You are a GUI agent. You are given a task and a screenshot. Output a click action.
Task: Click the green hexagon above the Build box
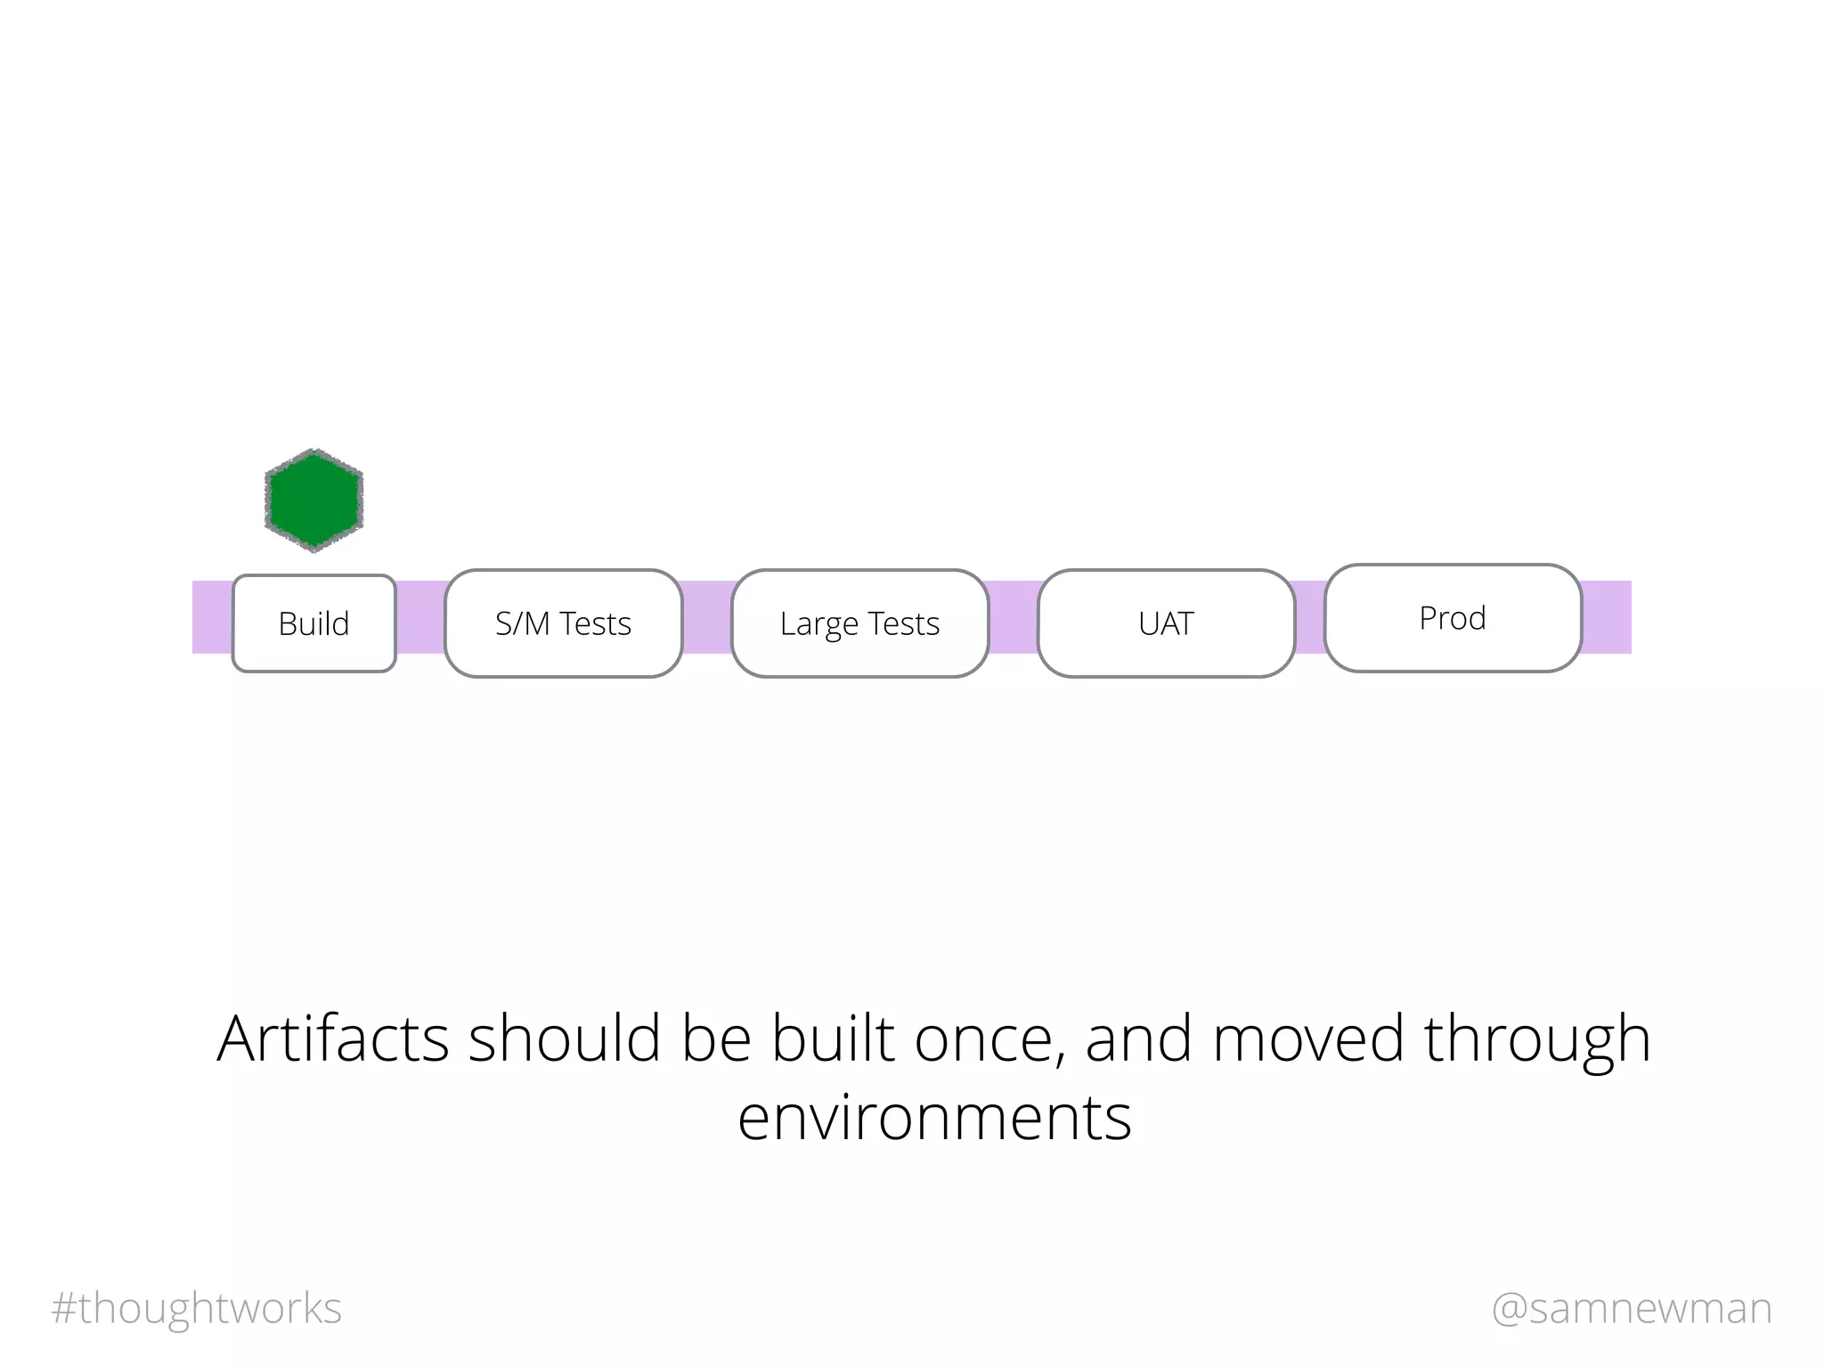[x=313, y=500]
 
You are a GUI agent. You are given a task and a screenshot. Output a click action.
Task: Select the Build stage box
[x=313, y=623]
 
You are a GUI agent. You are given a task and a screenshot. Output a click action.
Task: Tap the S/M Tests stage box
[x=563, y=623]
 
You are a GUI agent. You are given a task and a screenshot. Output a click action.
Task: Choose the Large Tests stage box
[x=859, y=623]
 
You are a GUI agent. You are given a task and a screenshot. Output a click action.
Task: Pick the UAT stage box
[x=1165, y=623]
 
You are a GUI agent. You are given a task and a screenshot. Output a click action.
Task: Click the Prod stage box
[x=1452, y=618]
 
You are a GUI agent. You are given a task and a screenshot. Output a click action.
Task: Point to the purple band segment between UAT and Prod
[x=1309, y=617]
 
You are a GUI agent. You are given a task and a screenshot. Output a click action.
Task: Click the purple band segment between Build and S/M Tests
[x=420, y=617]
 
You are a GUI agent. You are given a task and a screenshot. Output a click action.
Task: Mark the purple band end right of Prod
[x=1607, y=617]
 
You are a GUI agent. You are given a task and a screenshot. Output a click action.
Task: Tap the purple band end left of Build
[x=212, y=617]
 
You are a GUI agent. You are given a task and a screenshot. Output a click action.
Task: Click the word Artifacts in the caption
[x=332, y=1038]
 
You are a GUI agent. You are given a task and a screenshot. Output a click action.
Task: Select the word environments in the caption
[x=934, y=1117]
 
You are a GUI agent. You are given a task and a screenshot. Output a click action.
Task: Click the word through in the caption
[x=1537, y=1038]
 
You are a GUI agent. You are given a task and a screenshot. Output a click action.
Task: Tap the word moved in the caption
[x=1307, y=1038]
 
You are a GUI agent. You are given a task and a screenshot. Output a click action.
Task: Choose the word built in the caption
[x=832, y=1038]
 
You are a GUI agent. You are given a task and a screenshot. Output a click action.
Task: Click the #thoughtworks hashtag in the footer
[x=197, y=1308]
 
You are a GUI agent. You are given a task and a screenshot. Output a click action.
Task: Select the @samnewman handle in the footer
[x=1632, y=1308]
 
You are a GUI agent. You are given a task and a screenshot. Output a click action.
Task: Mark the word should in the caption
[x=565, y=1038]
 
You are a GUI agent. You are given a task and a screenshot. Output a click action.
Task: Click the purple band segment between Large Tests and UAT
[x=1014, y=617]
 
